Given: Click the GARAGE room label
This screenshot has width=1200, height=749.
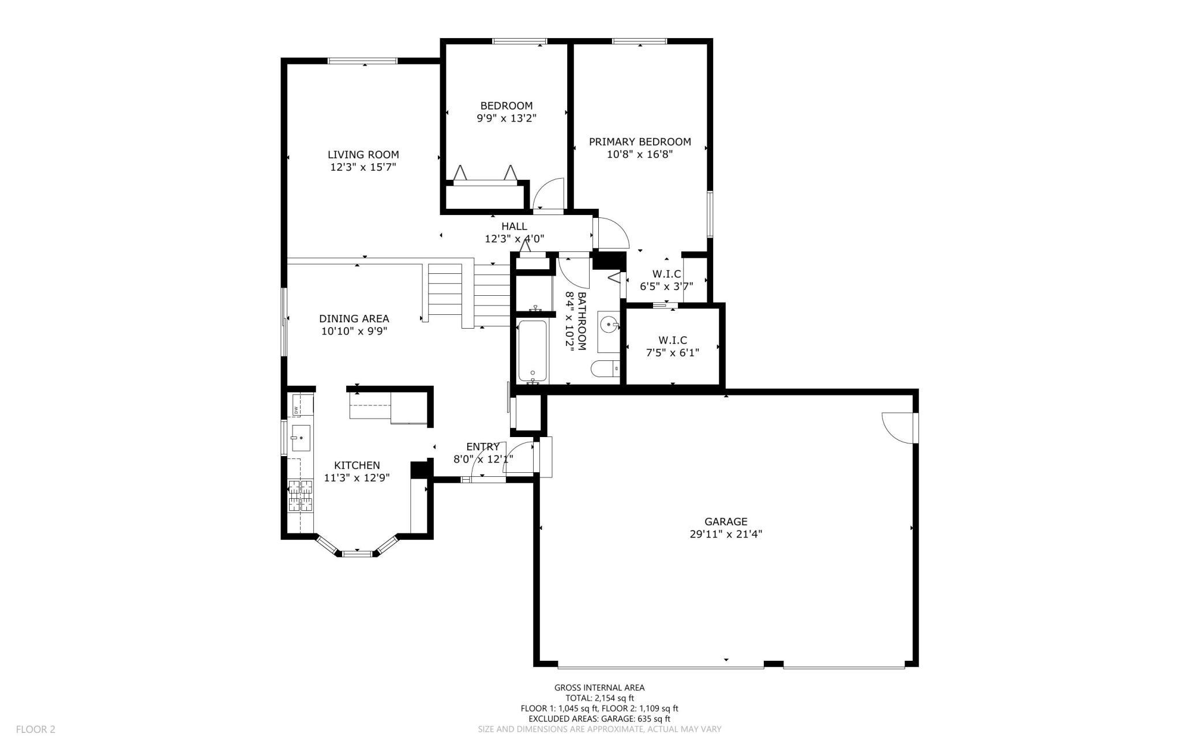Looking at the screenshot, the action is (x=726, y=522).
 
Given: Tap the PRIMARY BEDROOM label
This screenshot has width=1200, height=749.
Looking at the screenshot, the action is (x=640, y=142).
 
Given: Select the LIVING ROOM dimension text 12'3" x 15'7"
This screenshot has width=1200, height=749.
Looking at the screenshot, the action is (x=363, y=167).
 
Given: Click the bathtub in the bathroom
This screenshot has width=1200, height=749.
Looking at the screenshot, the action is (x=532, y=351).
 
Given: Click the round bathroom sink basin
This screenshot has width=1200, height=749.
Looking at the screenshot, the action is (x=609, y=325).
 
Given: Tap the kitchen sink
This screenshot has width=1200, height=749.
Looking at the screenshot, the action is (x=301, y=438).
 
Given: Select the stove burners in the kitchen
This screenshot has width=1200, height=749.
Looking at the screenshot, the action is (x=301, y=495).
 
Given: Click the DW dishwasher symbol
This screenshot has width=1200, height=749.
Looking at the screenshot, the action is (x=296, y=410).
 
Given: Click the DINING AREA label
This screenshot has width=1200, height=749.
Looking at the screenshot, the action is (x=354, y=318).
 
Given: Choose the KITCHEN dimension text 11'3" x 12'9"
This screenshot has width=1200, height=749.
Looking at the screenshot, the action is (x=357, y=477).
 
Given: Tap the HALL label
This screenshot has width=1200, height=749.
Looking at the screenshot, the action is (x=514, y=226).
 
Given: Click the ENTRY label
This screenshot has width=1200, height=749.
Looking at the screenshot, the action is (x=483, y=446).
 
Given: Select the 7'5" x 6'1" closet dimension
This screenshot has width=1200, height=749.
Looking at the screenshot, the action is (x=673, y=353).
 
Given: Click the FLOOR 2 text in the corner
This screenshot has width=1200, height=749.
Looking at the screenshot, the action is (x=36, y=729).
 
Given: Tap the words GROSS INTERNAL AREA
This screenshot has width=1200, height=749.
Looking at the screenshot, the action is (x=599, y=687).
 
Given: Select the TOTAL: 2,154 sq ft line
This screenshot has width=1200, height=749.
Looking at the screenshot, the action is (x=599, y=698).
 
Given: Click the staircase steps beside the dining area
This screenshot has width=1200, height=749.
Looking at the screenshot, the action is (x=468, y=294).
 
